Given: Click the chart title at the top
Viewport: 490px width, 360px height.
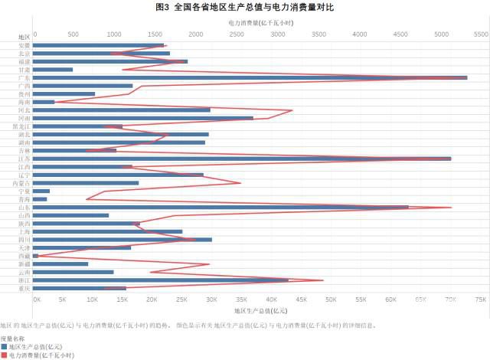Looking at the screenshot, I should tap(245, 7).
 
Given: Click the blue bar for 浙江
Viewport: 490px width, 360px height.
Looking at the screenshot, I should tap(161, 280).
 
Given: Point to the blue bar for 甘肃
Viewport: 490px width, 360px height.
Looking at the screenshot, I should tap(53, 70).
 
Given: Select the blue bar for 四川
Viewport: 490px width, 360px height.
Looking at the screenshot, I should tap(122, 240).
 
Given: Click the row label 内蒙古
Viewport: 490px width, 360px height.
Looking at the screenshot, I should tap(22, 183).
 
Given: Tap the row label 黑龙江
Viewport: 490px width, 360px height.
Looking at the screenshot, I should tap(22, 126).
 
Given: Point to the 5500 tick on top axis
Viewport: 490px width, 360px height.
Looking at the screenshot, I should tap(480, 34).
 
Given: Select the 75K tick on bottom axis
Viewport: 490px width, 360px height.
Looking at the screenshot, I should tap(480, 300).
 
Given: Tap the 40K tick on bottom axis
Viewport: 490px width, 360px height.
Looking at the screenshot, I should tap(272, 300).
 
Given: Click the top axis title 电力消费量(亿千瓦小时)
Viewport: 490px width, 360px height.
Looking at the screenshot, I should tap(256, 23).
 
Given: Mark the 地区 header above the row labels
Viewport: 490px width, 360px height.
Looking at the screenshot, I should tap(24, 37).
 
